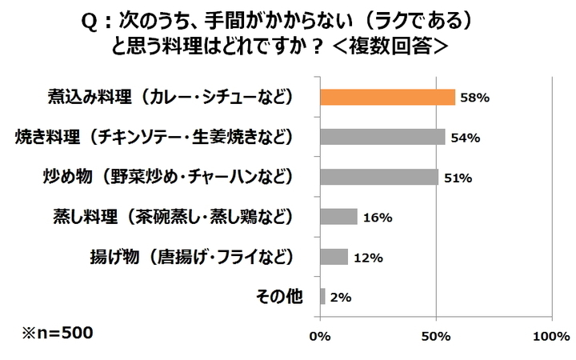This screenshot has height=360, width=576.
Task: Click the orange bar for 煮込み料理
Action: pos(387,98)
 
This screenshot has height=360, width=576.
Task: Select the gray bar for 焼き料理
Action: pos(382,137)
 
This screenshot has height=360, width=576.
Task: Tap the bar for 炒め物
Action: pos(379,177)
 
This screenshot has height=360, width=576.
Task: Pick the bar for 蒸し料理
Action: pos(338,217)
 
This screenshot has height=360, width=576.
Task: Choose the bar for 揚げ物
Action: pos(334,257)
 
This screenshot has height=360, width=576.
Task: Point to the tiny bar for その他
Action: pos(322,297)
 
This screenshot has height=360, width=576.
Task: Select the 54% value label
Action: pos(465,138)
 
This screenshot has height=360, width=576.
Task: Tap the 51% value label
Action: pos(458,178)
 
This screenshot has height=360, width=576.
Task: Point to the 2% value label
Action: pos(341,298)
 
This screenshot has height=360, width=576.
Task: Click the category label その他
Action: pos(279,297)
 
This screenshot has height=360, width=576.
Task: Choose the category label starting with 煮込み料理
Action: pos(169,98)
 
